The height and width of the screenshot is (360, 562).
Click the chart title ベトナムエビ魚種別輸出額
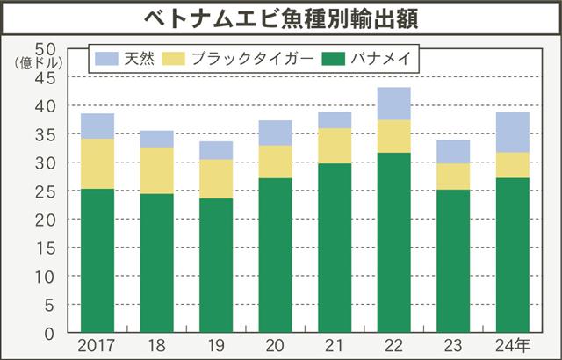click(281, 18)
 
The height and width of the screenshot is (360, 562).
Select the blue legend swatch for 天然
click(107, 59)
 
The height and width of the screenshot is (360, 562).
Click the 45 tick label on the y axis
click(46, 78)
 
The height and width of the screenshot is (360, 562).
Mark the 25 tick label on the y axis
click(46, 191)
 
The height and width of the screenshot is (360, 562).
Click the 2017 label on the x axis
click(97, 345)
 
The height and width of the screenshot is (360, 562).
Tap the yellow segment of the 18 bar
click(156, 170)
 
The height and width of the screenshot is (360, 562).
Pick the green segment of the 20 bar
click(275, 255)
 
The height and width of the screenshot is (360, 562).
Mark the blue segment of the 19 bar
click(215, 150)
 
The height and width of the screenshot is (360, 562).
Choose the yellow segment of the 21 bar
click(334, 146)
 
